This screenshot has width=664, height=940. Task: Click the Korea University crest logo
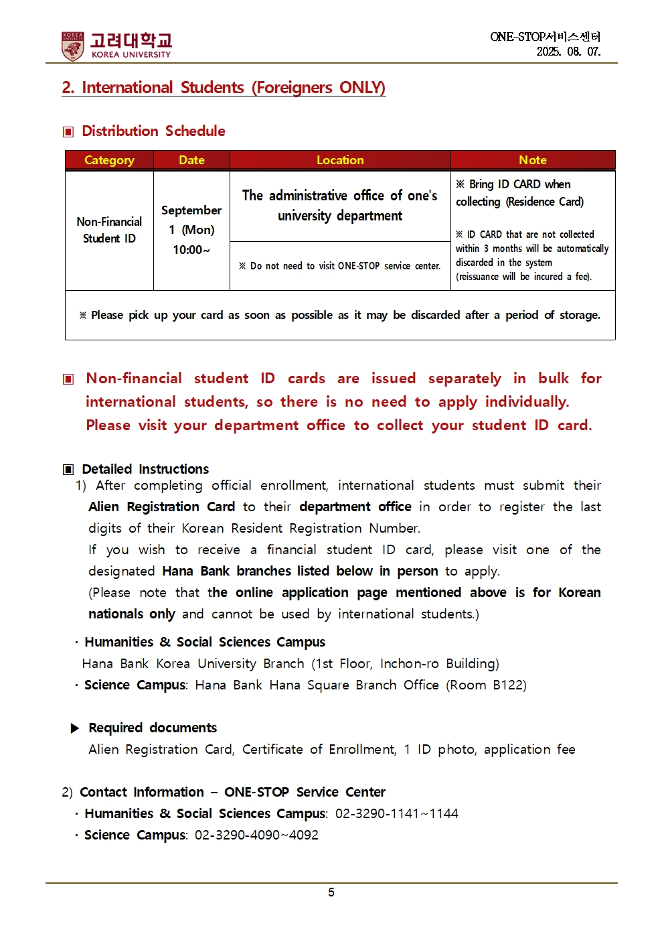click(73, 46)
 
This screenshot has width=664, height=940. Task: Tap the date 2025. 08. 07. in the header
click(568, 52)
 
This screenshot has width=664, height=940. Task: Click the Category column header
click(109, 160)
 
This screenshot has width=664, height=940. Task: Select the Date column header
click(191, 160)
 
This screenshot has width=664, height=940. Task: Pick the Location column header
click(340, 160)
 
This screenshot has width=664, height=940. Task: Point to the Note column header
click(533, 160)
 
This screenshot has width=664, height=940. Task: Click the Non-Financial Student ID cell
click(109, 230)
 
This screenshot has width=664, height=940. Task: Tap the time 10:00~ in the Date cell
click(191, 250)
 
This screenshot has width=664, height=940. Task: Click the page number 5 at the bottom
click(331, 892)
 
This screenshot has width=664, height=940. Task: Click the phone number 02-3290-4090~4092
click(256, 835)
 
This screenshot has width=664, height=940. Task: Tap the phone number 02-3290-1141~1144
click(396, 813)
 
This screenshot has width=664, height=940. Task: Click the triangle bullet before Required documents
click(75, 728)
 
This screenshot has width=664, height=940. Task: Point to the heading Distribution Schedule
click(153, 131)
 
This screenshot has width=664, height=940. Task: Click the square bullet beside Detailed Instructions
click(68, 470)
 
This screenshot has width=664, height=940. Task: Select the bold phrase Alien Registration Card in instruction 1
click(161, 507)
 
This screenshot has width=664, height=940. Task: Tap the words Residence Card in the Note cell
click(545, 202)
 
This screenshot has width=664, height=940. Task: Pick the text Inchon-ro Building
click(438, 663)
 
